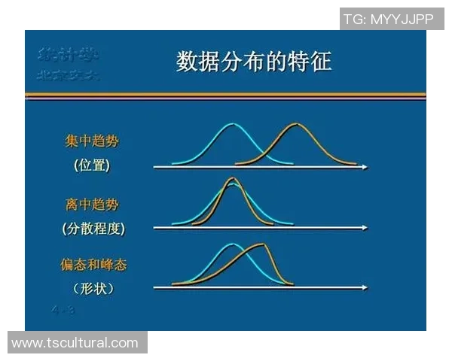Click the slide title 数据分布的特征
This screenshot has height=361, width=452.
pos(254,62)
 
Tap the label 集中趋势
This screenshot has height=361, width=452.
pos(91,141)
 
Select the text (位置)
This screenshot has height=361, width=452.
pos(92,165)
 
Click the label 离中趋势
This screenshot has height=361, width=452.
pos(91,204)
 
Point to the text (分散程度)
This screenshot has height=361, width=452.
pos(93,228)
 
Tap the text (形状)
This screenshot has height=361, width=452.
pos(93,288)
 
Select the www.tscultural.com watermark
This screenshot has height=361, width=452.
pos(75,343)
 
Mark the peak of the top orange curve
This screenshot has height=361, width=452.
pos(296,125)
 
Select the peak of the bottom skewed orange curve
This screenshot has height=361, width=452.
pos(261,244)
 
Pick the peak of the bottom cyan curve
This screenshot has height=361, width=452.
pos(234,244)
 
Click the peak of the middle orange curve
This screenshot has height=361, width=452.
pos(233,179)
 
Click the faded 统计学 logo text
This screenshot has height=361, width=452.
pos(69,55)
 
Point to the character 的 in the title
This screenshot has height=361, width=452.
pos(274,62)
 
